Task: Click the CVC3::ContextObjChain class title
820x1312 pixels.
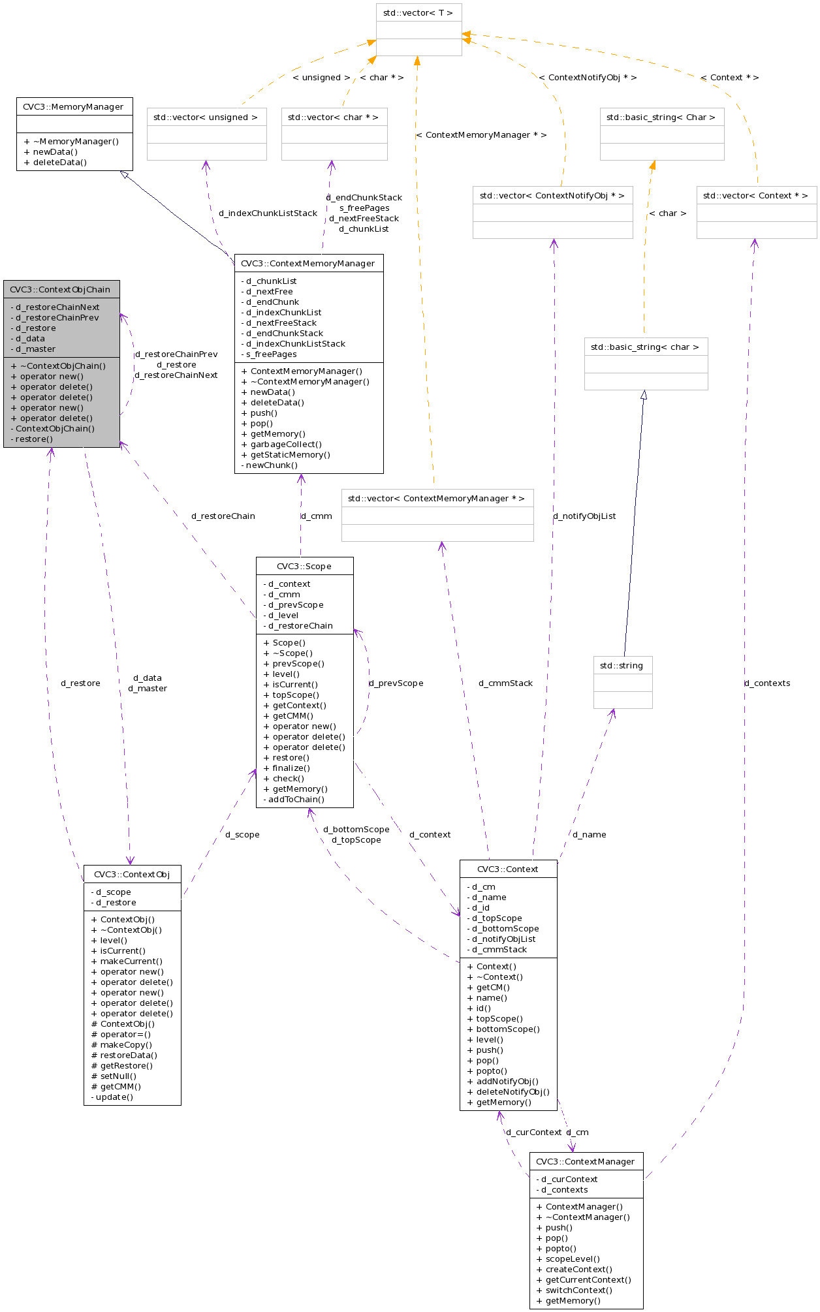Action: click(x=60, y=290)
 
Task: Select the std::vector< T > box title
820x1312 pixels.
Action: click(x=418, y=13)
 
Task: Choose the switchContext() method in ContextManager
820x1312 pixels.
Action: click(x=574, y=1290)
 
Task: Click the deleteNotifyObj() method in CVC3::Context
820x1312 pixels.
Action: click(x=508, y=1092)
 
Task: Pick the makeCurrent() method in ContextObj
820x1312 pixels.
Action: click(x=127, y=961)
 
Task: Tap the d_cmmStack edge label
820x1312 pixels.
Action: click(x=505, y=683)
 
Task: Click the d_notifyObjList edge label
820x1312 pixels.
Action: click(x=584, y=516)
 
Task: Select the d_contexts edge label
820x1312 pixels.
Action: click(x=767, y=683)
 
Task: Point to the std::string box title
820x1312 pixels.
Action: click(x=622, y=666)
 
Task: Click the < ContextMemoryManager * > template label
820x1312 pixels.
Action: click(x=481, y=135)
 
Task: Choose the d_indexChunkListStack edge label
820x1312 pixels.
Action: click(x=268, y=213)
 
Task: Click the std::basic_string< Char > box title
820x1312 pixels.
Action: click(x=661, y=117)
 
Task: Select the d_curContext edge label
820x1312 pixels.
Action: click(x=533, y=1132)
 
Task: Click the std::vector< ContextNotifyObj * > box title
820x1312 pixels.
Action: click(x=552, y=196)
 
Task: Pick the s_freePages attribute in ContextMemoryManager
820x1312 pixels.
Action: click(x=271, y=354)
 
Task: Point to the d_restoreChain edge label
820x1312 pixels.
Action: click(x=223, y=516)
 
